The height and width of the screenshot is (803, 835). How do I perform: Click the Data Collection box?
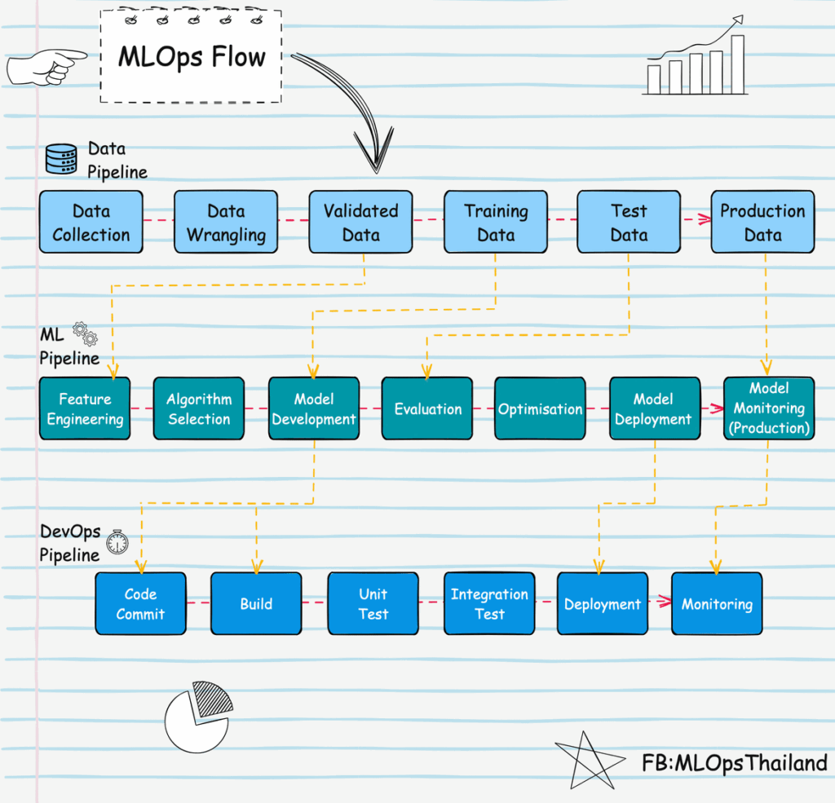click(x=91, y=222)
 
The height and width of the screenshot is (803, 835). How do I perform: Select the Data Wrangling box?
click(x=226, y=222)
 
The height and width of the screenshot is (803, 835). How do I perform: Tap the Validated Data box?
click(x=360, y=222)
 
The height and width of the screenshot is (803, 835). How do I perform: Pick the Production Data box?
click(x=762, y=222)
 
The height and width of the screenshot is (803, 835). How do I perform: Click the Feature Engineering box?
click(x=85, y=408)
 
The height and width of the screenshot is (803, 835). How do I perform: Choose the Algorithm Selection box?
click(x=199, y=408)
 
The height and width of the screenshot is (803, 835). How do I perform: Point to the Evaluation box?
click(x=427, y=408)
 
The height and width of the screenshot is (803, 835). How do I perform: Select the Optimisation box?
click(x=540, y=408)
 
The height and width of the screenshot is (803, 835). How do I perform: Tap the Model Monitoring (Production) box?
click(x=769, y=408)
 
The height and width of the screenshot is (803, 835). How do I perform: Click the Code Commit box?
click(x=140, y=603)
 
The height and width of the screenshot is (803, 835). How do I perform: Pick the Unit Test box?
click(x=373, y=603)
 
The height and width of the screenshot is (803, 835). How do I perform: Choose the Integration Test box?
click(x=489, y=603)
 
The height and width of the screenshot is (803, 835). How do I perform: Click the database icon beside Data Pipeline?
click(x=61, y=159)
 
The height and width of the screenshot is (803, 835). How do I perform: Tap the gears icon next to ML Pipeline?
click(x=85, y=333)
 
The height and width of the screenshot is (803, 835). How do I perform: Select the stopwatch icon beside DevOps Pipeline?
click(x=117, y=542)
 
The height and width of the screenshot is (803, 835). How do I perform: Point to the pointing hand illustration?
click(x=46, y=67)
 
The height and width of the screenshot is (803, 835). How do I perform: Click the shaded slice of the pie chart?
click(x=213, y=698)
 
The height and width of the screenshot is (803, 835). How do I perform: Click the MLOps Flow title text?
click(x=192, y=57)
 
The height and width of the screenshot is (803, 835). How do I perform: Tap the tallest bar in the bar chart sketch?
click(x=737, y=64)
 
